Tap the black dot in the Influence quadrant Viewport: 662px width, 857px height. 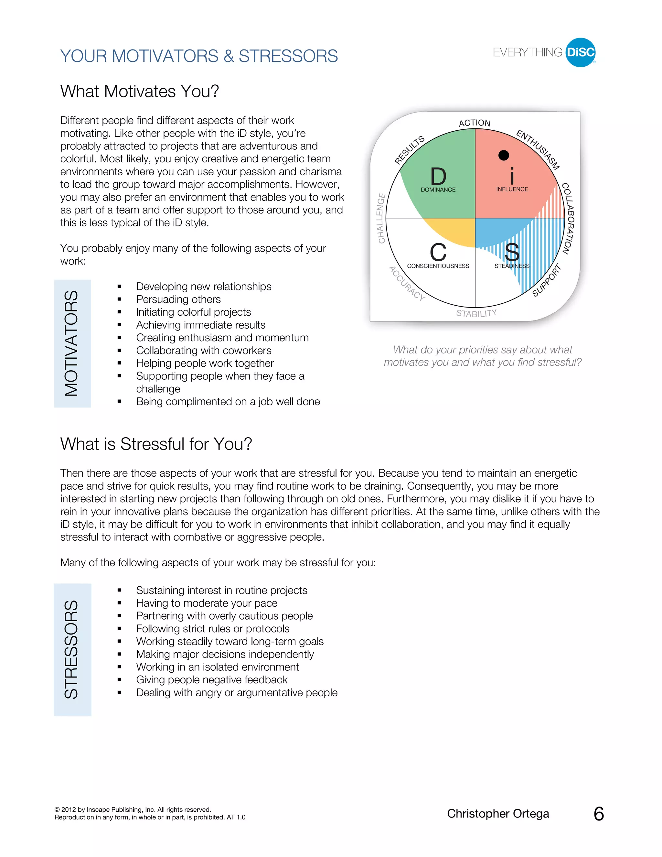(504, 155)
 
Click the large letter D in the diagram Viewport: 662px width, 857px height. (438, 177)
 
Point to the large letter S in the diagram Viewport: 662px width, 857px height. (512, 252)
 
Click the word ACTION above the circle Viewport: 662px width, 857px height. (475, 123)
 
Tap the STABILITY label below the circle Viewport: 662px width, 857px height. (476, 313)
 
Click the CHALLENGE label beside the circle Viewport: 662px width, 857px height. (381, 218)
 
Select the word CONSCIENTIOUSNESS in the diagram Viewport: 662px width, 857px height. (438, 266)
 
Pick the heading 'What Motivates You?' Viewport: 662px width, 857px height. (140, 92)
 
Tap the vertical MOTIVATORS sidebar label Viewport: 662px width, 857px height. (72, 343)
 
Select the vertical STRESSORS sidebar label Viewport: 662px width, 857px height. (72, 649)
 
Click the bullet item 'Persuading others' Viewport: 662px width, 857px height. (178, 299)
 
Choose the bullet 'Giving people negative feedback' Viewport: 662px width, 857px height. (212, 680)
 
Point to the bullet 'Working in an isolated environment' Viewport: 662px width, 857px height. (217, 667)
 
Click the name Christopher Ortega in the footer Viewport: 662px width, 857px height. (498, 813)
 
